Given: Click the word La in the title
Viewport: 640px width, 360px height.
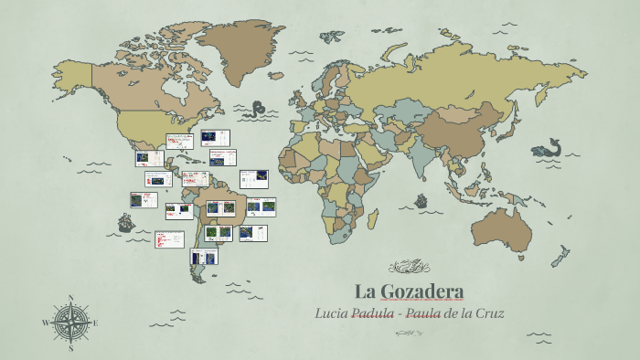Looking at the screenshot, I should [366, 292].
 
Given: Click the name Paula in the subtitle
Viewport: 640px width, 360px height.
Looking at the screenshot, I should [423, 313].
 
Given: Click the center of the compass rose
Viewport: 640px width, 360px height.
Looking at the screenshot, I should [70, 323].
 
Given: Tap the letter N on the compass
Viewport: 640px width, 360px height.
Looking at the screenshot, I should [70, 298].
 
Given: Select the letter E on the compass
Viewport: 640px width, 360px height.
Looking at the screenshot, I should [95, 323].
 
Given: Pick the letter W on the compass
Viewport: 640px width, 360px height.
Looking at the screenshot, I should [45, 323].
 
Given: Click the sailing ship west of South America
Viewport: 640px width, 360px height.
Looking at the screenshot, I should [125, 223].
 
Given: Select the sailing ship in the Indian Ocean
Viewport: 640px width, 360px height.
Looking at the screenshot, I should [421, 201].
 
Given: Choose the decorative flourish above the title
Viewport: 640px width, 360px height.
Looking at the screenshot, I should [409, 268].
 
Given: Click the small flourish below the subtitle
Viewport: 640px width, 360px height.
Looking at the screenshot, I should [409, 333].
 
